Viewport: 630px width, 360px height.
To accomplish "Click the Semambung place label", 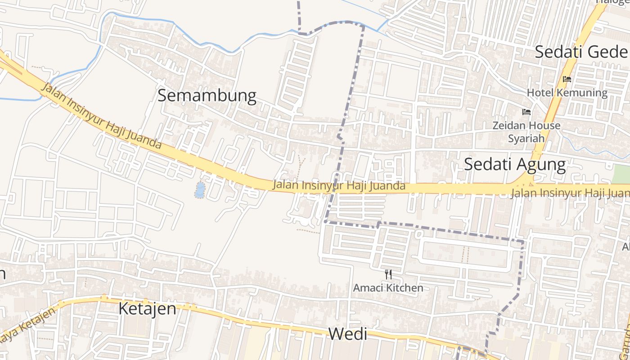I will click(207, 96).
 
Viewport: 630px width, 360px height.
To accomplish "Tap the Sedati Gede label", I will click(580, 52).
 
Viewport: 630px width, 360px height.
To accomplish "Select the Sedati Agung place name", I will click(515, 164).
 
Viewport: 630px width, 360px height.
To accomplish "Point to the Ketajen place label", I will click(147, 309).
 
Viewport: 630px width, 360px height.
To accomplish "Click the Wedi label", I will click(347, 334).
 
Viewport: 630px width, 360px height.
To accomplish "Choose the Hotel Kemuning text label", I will click(567, 93).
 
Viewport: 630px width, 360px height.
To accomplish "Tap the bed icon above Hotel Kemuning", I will click(567, 79).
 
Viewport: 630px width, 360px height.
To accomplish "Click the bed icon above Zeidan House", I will click(526, 112).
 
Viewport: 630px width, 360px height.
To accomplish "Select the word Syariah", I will click(526, 138).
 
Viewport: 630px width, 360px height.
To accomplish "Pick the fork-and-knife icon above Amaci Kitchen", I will click(388, 274).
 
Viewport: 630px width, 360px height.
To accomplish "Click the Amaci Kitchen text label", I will click(388, 288).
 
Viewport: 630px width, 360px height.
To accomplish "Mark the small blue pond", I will click(199, 190).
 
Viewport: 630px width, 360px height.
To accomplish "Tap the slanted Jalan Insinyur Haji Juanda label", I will click(101, 116).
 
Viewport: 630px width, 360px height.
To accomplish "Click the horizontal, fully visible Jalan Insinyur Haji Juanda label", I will click(339, 185).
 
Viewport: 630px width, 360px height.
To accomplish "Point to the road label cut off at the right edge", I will click(571, 193).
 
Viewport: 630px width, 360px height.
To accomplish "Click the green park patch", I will click(621, 174).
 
